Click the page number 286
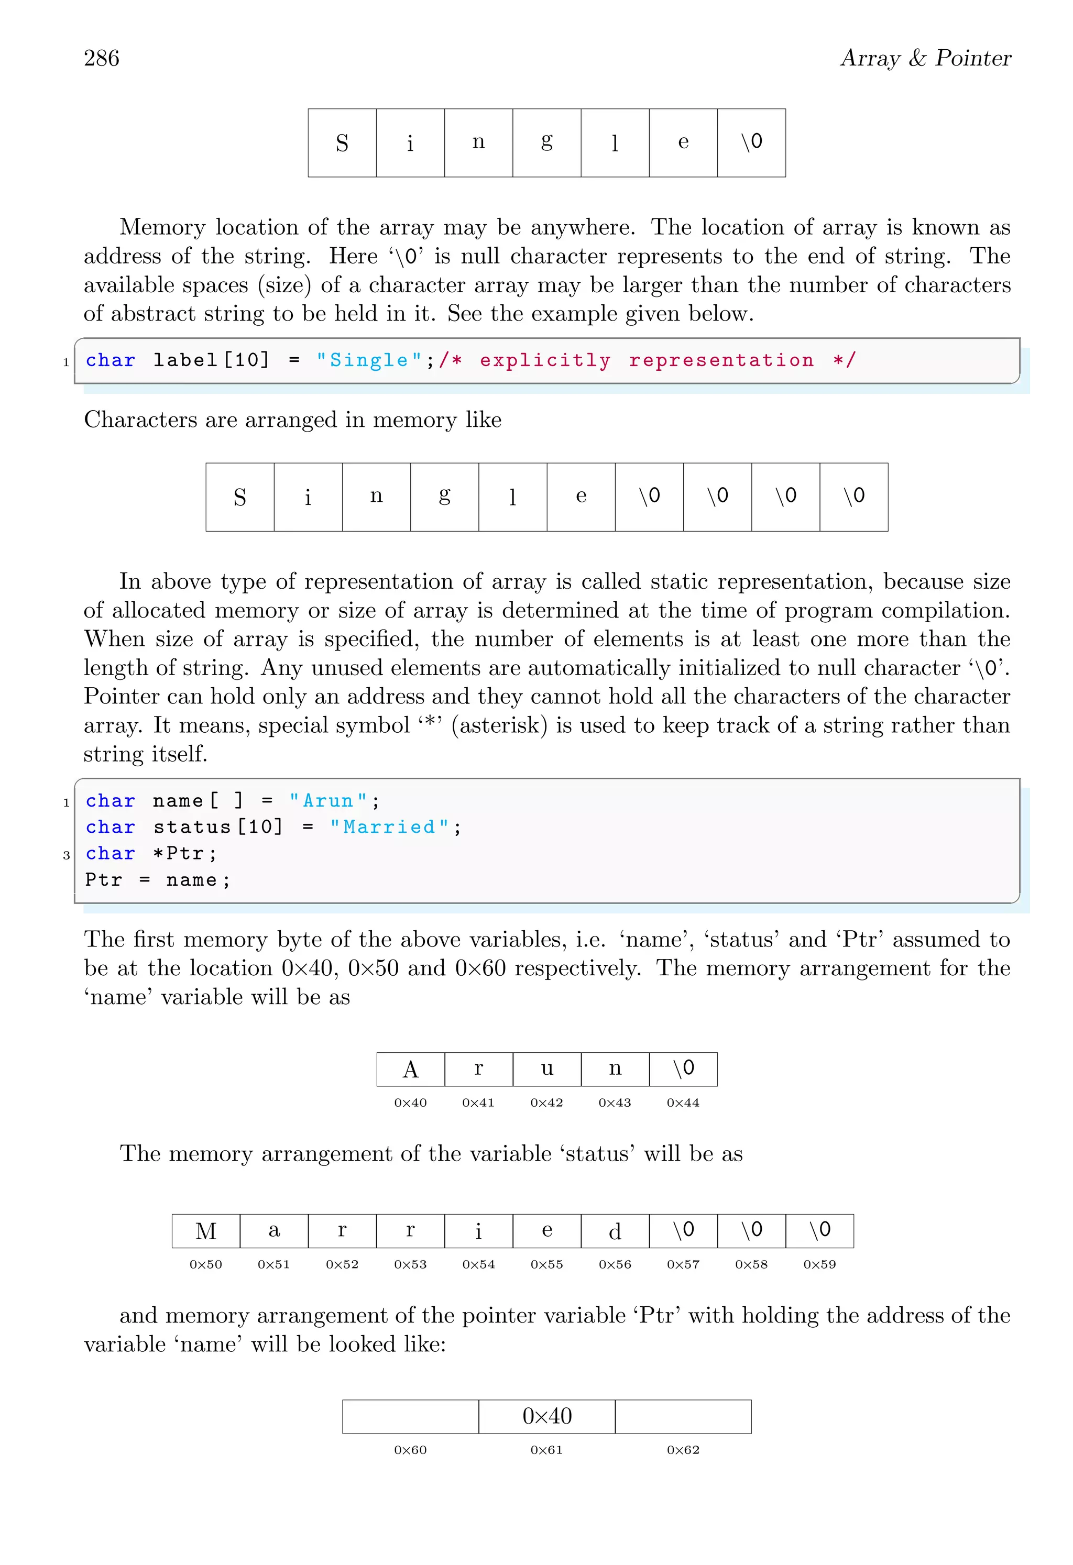pyautogui.click(x=102, y=59)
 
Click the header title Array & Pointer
pyautogui.click(x=925, y=59)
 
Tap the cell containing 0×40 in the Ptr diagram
pyautogui.click(x=546, y=1416)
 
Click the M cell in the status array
pyautogui.click(x=206, y=1231)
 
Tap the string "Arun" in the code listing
pyautogui.click(x=328, y=801)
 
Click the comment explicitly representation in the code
pyautogui.click(x=647, y=360)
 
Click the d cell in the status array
pyautogui.click(x=615, y=1231)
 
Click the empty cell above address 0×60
pyautogui.click(x=410, y=1416)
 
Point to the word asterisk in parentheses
pyautogui.click(x=498, y=725)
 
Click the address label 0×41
pyautogui.click(x=478, y=1103)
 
